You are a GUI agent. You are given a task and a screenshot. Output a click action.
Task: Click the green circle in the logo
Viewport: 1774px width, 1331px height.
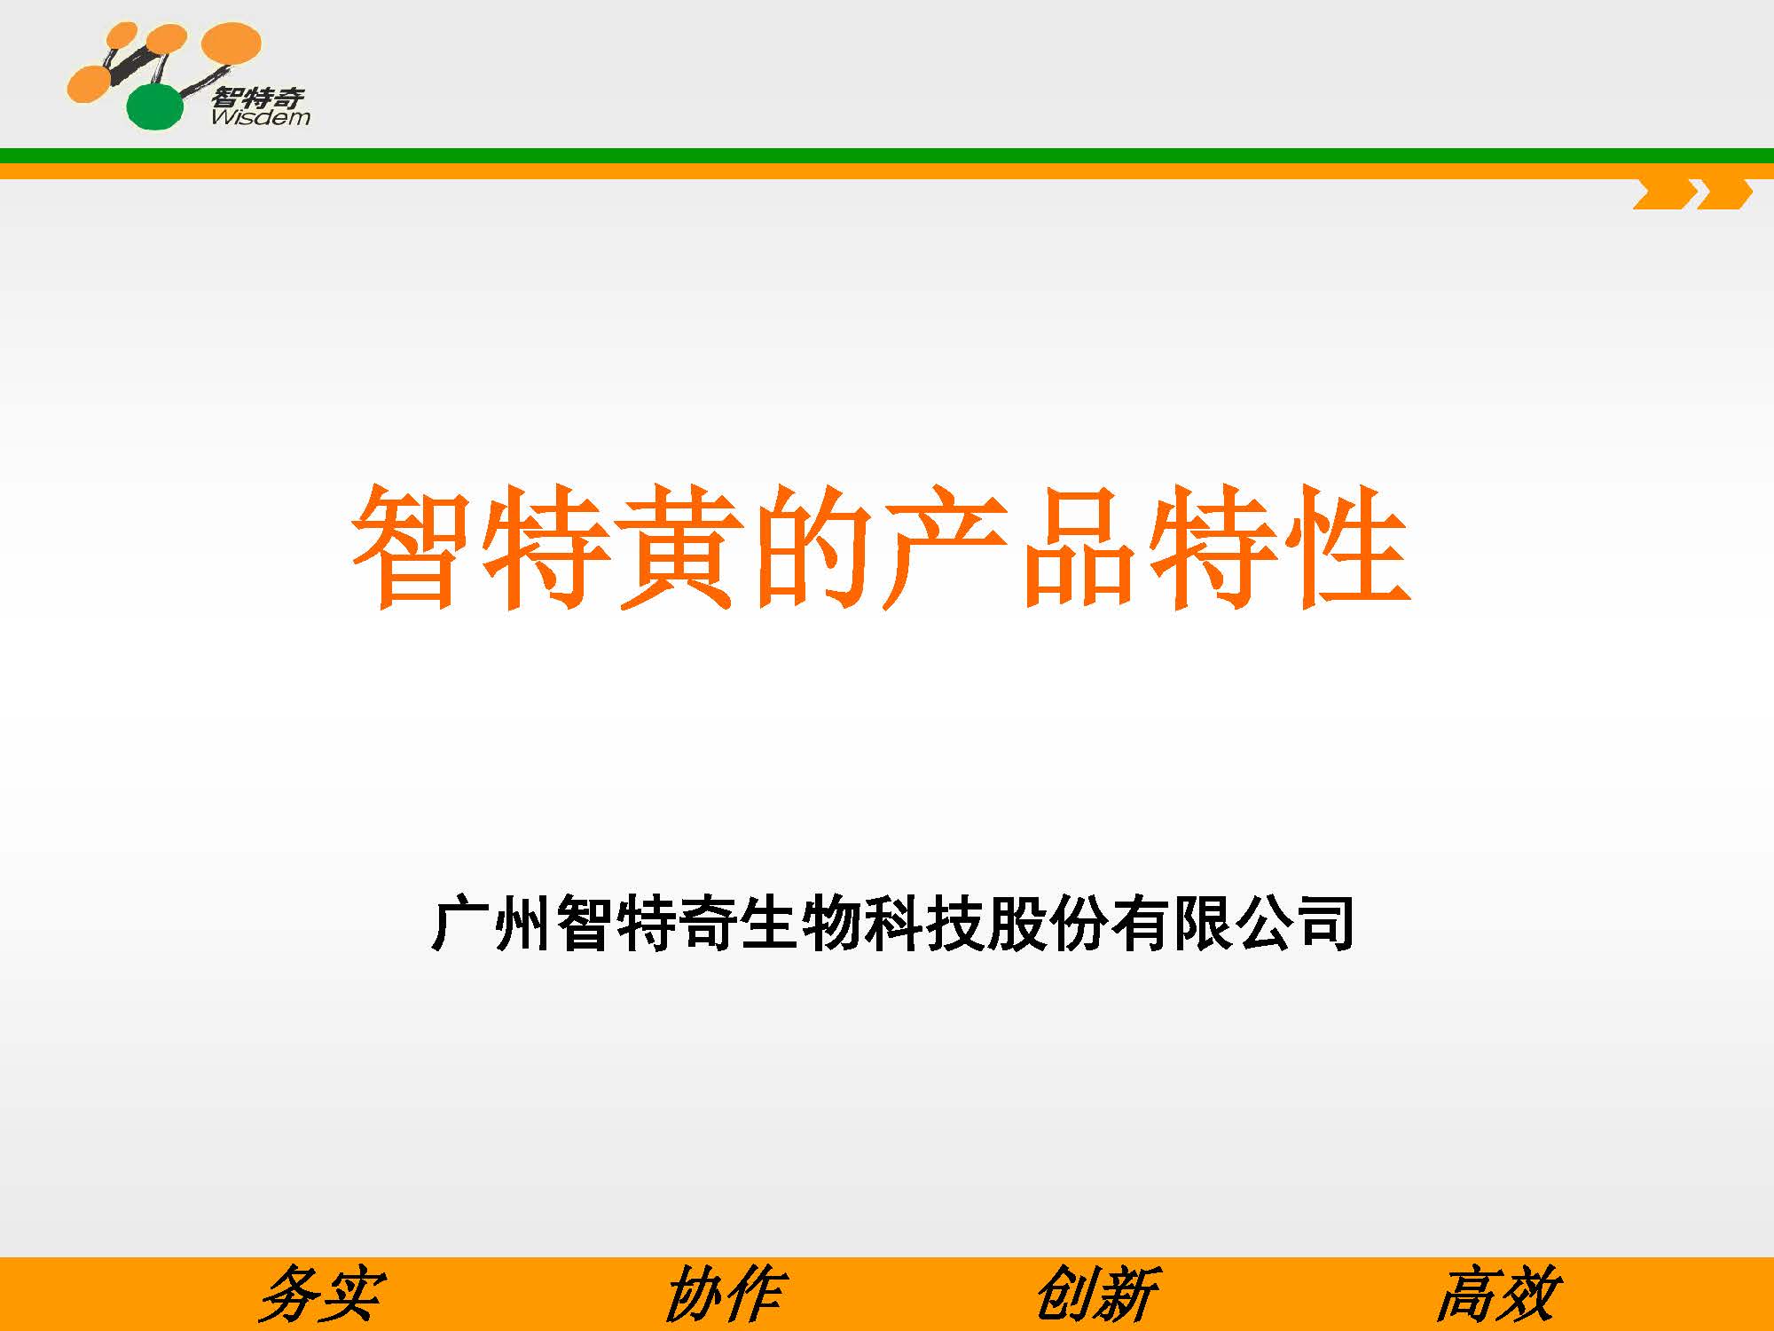(x=155, y=106)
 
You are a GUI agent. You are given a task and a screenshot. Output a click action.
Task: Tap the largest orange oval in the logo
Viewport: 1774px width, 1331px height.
(x=232, y=43)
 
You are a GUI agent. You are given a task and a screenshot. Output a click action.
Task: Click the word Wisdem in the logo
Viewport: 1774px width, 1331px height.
(x=261, y=117)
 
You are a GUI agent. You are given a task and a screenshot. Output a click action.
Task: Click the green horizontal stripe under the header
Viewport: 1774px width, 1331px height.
(x=887, y=155)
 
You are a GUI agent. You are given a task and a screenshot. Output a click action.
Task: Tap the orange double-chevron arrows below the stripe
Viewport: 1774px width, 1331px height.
(x=1692, y=194)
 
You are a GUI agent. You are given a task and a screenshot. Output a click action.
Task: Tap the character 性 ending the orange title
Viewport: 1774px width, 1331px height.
(x=1346, y=547)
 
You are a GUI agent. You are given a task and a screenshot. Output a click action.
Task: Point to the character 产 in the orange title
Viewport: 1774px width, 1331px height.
(x=946, y=547)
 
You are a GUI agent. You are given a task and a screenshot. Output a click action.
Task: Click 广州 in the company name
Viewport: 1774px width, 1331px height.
(x=491, y=924)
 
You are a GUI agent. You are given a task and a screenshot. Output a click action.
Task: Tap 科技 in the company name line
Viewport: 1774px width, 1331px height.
(x=923, y=924)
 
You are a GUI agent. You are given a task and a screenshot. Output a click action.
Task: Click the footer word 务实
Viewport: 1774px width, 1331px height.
(x=321, y=1295)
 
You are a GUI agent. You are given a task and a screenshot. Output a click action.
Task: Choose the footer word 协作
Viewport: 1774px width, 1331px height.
(x=724, y=1295)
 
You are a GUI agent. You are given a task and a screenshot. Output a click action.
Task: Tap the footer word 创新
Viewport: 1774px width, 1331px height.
(x=1097, y=1295)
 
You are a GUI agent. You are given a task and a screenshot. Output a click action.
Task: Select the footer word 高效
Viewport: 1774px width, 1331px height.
(x=1498, y=1295)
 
